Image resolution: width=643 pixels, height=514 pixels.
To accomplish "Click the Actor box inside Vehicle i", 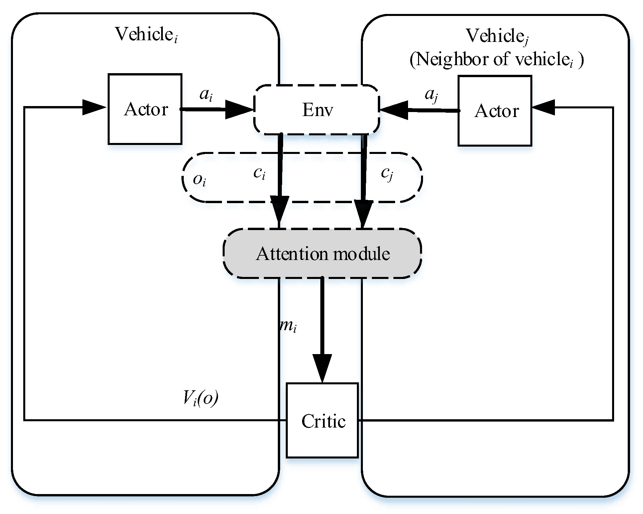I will tap(145, 109).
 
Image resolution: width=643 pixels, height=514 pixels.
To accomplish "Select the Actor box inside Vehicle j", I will tap(495, 111).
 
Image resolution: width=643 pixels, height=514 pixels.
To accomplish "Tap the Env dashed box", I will tap(317, 110).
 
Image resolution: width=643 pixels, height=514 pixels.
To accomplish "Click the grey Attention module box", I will tap(322, 253).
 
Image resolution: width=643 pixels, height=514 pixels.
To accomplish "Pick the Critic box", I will tap(322, 421).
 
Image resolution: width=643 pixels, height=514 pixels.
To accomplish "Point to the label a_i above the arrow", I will tap(206, 95).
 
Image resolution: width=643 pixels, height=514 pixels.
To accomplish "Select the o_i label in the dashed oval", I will tap(200, 180).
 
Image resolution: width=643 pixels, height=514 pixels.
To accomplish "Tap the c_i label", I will tap(260, 173).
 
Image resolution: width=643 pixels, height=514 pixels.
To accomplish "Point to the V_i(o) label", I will tap(201, 398).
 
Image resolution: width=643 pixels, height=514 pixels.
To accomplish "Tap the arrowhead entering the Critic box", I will tap(322, 368).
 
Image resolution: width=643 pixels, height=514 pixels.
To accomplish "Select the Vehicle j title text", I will tap(497, 36).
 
